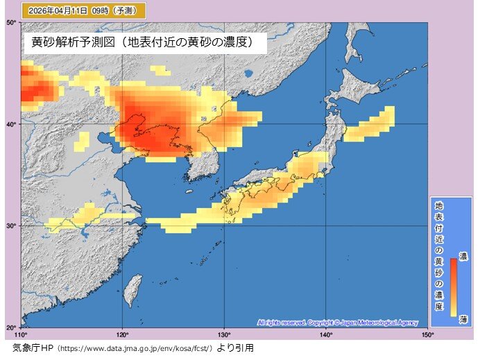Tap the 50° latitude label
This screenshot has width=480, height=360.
click(11, 23)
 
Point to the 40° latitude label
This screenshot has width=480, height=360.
click(11, 124)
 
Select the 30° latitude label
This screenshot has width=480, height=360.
click(11, 225)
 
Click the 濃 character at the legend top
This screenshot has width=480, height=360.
click(463, 256)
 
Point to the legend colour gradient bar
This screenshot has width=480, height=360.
click(452, 286)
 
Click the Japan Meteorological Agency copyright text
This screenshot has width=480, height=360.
click(336, 323)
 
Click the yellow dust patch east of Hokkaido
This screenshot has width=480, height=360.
click(370, 125)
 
